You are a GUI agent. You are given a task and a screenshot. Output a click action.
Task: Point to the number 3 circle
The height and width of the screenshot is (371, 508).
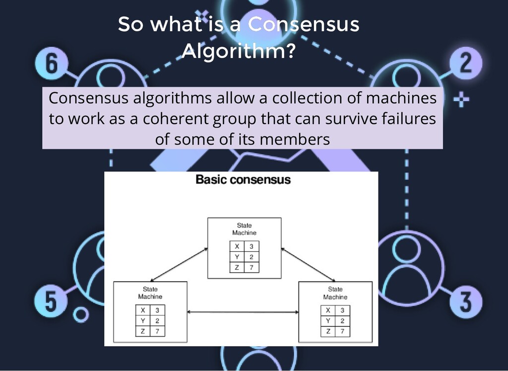pos(465,300)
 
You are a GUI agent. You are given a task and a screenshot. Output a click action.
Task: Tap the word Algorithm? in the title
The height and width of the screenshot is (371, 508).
pos(239,51)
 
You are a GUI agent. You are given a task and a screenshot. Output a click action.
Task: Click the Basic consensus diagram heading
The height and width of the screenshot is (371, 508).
pos(243,179)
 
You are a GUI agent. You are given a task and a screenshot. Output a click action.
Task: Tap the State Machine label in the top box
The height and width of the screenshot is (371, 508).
pos(244,229)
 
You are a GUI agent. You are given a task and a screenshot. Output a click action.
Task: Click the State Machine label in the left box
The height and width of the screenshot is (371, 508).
pos(150,293)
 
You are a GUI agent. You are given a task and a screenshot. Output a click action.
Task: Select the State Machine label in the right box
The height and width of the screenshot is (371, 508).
pos(335,293)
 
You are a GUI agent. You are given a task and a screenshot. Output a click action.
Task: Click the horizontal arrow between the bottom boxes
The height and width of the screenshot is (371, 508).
pos(243,312)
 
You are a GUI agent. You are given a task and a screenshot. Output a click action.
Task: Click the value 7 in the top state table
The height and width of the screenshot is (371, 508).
pos(252,268)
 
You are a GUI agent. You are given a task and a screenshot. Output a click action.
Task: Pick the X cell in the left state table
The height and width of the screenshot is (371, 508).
pos(143,310)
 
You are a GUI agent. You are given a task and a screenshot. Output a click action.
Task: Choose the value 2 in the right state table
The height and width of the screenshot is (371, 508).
pos(342,321)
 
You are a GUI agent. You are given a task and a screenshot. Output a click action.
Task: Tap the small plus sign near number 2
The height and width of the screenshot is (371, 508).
pos(462,101)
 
